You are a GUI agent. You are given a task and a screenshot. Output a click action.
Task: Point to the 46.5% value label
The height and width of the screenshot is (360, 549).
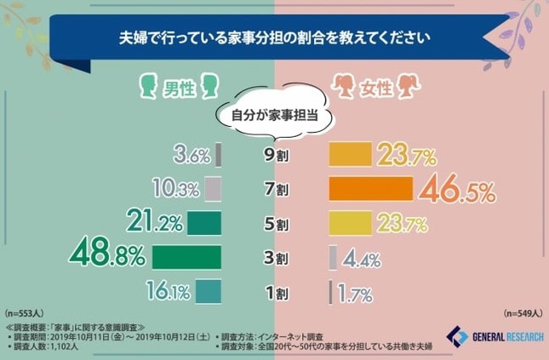point(456,191)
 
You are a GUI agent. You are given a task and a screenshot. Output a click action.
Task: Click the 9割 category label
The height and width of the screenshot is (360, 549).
point(275,156)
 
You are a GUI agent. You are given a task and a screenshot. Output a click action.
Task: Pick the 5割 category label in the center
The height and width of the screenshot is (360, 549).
point(275,224)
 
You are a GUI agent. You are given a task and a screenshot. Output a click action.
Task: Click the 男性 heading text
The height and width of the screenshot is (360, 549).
point(180,87)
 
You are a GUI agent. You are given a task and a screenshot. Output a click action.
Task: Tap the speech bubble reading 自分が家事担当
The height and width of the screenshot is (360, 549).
point(275,116)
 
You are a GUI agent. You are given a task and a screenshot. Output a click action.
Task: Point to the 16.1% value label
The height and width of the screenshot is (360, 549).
point(169,292)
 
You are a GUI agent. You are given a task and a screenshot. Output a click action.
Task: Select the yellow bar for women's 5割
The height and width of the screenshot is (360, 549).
point(351,224)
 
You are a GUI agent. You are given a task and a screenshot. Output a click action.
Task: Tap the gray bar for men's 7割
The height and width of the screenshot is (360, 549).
point(213,189)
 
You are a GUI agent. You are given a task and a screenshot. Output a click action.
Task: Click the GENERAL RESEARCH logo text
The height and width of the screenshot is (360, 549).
point(506,337)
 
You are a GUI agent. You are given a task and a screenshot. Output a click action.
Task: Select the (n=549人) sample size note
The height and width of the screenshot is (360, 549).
point(520,313)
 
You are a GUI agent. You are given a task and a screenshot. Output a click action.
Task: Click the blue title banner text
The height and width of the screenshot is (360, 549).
point(274,38)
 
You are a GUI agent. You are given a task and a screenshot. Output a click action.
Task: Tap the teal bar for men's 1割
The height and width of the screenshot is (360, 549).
point(208,292)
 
